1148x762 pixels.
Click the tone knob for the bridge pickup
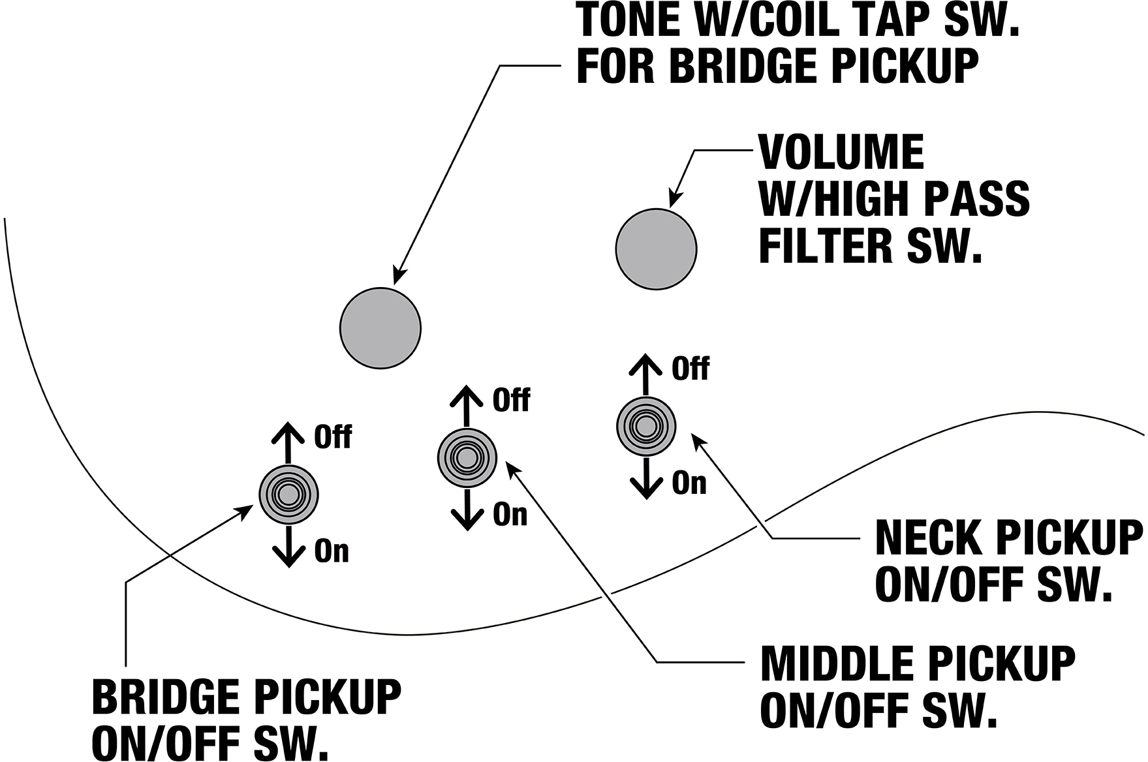[x=380, y=328]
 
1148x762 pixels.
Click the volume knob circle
[x=656, y=249]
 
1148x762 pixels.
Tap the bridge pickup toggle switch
[x=288, y=495]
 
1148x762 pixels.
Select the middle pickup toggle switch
[x=467, y=458]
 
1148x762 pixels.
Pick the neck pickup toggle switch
[x=646, y=427]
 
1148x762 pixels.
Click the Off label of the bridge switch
[x=333, y=437]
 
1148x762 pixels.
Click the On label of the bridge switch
[x=332, y=551]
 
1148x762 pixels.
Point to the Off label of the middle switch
[x=512, y=400]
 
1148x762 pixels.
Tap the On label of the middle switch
[x=510, y=515]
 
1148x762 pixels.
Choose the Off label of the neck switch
[x=690, y=369]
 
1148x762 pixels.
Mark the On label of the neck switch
[x=689, y=483]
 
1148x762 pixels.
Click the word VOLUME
[x=841, y=152]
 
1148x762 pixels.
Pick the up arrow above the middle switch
[x=466, y=405]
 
